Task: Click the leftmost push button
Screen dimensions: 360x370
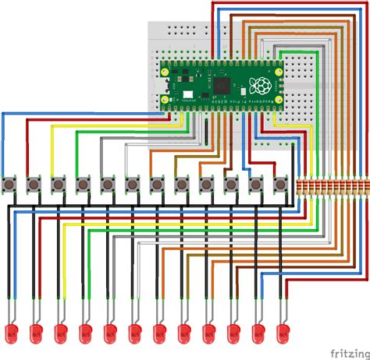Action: point(11,185)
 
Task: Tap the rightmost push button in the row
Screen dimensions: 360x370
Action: point(281,185)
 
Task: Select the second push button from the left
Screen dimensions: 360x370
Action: point(34,185)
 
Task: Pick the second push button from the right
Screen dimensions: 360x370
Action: point(257,185)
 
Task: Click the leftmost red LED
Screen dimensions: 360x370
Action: point(12,334)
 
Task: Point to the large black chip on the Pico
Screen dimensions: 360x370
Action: point(226,83)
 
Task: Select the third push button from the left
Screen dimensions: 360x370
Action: point(58,185)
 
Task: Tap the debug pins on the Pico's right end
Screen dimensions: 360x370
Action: point(278,84)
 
